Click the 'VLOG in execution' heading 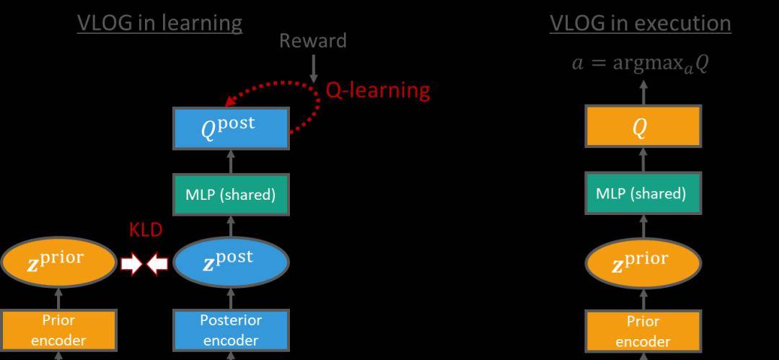click(641, 23)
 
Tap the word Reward click(313, 41)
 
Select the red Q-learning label click(377, 90)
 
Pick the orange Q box click(641, 127)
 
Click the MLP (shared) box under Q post click(231, 195)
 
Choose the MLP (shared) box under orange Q click(641, 194)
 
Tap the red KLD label click(146, 230)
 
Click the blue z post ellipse click(230, 263)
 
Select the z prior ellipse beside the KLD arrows click(59, 263)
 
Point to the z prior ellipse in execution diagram click(641, 263)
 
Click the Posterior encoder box click(231, 330)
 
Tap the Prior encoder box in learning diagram click(58, 330)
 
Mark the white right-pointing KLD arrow click(132, 264)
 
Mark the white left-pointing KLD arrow click(157, 264)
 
